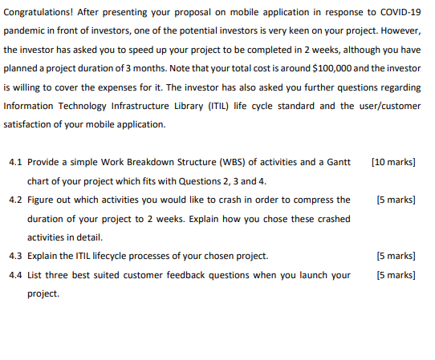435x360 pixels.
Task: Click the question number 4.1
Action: click(x=14, y=162)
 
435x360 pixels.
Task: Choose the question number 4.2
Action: click(x=14, y=200)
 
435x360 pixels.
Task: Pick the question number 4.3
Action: click(x=14, y=257)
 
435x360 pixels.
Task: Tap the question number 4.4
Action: click(x=14, y=275)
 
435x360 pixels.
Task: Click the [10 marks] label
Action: click(x=393, y=162)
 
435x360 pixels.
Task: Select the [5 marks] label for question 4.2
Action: click(x=396, y=200)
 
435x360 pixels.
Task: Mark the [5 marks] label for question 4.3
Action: click(x=396, y=257)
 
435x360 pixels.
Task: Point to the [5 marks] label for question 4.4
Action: click(x=396, y=275)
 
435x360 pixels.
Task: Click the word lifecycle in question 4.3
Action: click(x=116, y=257)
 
